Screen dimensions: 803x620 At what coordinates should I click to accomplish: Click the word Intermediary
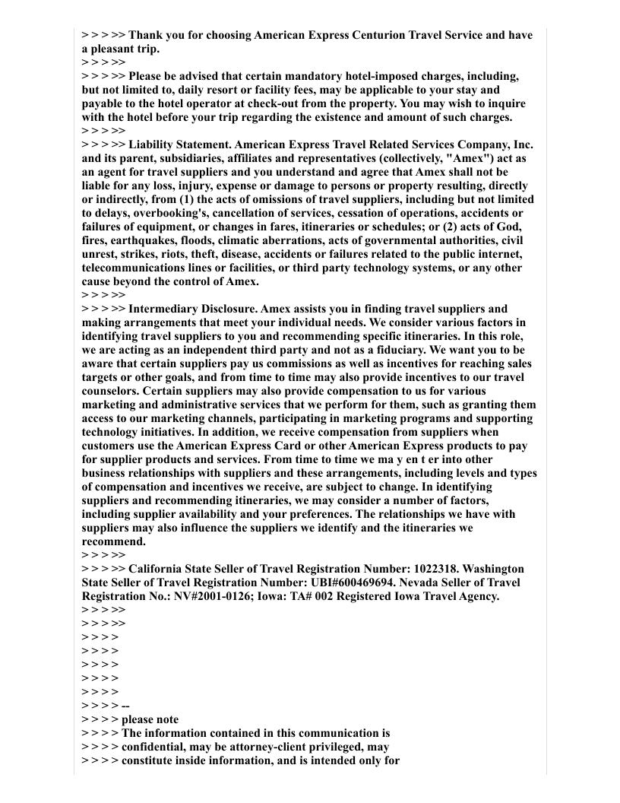pyautogui.click(x=164, y=309)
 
